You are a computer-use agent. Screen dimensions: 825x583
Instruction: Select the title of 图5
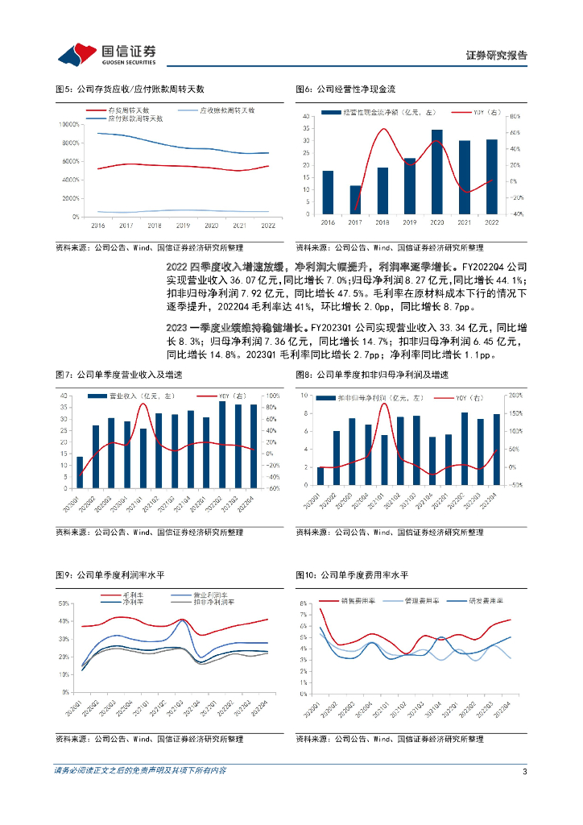click(x=130, y=89)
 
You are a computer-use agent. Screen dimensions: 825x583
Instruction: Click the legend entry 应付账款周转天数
click(x=134, y=118)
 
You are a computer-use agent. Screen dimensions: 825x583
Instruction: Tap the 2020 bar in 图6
click(x=436, y=172)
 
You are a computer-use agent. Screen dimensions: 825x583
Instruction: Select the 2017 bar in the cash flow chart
click(x=355, y=201)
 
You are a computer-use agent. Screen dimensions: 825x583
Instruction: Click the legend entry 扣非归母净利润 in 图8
click(x=370, y=398)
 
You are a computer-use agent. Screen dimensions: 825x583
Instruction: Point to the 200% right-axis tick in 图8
click(x=515, y=396)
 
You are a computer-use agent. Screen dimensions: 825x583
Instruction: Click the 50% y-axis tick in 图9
click(x=62, y=603)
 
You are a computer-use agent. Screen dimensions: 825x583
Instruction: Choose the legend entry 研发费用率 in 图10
click(x=488, y=601)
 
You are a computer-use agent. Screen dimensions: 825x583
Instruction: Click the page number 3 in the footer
click(x=525, y=771)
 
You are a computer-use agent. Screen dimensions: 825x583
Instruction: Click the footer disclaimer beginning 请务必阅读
click(x=140, y=771)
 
